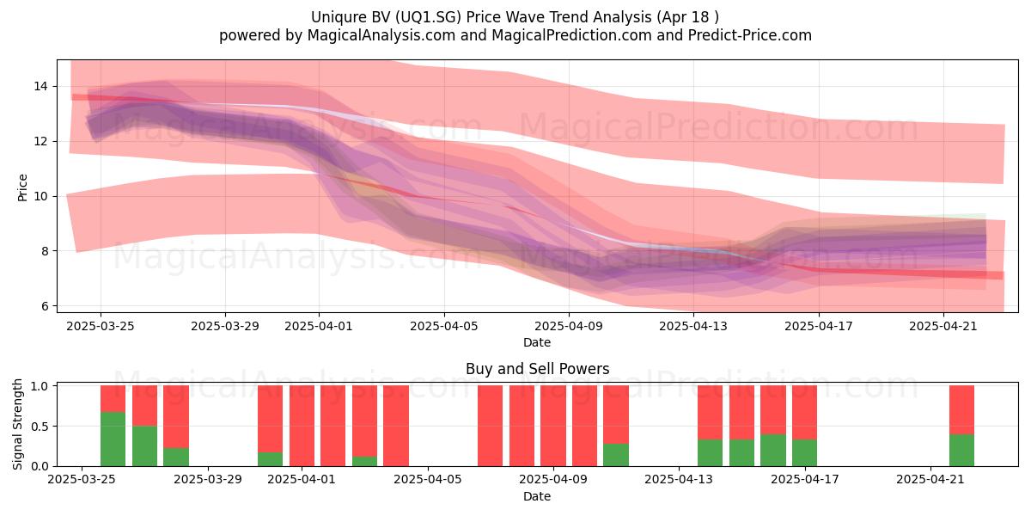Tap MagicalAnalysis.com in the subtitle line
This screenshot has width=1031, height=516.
[x=381, y=35]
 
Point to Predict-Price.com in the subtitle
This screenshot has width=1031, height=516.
[x=750, y=35]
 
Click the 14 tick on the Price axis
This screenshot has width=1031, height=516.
[x=40, y=86]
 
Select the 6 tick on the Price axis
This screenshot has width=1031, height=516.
[x=44, y=306]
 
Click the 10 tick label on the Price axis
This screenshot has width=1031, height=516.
[x=40, y=196]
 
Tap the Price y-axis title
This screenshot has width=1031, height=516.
[x=22, y=187]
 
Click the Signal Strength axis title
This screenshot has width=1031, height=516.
[x=17, y=424]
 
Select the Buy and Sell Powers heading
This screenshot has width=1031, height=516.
[x=537, y=369]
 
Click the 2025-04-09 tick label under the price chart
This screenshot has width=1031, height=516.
[x=569, y=326]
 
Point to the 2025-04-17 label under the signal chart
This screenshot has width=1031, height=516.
[x=804, y=480]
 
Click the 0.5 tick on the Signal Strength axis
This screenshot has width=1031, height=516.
[x=40, y=427]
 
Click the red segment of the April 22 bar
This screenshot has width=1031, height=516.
[x=961, y=409]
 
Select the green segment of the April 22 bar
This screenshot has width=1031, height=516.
[x=961, y=450]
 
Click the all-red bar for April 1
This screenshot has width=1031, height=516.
[x=302, y=426]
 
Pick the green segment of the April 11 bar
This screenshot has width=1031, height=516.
[x=616, y=455]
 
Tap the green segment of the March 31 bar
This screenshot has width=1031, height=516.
[x=270, y=459]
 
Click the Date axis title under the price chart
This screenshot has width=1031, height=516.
[x=537, y=342]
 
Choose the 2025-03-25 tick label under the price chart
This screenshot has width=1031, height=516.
[x=101, y=326]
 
